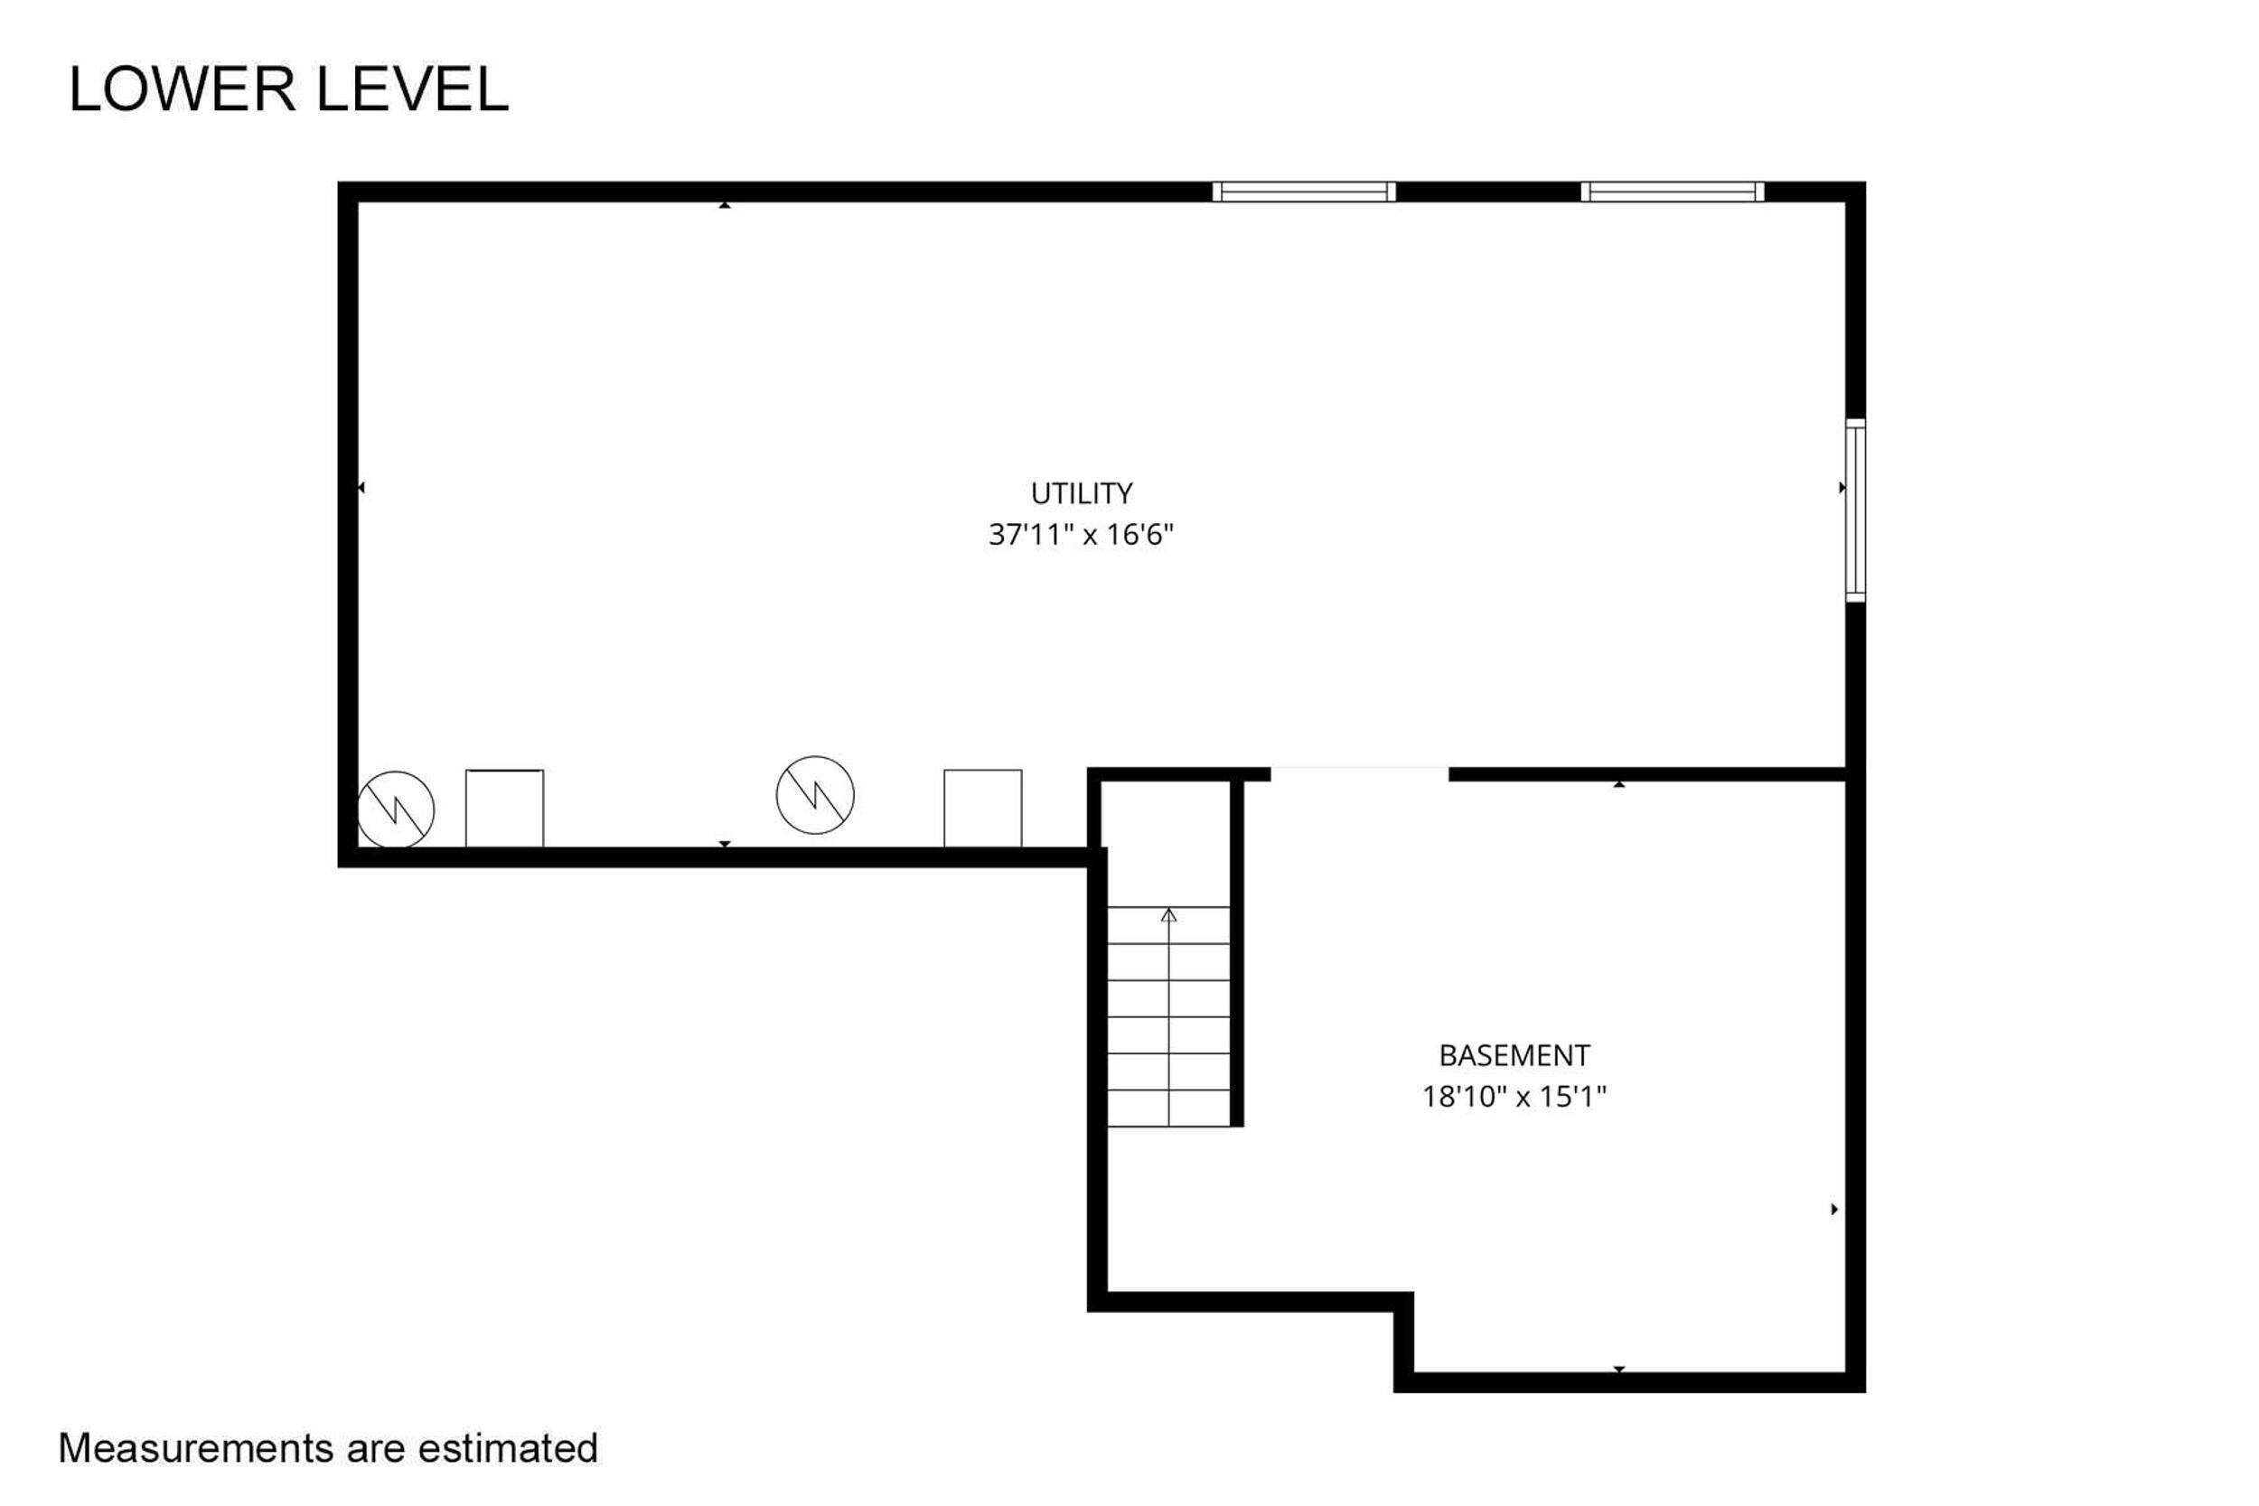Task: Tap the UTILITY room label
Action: (x=1082, y=493)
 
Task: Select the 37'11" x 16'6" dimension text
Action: (x=1082, y=535)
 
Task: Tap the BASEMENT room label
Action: (x=1514, y=1056)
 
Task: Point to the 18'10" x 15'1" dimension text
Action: (x=1514, y=1097)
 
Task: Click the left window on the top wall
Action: (x=1304, y=192)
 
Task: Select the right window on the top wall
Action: (x=1673, y=192)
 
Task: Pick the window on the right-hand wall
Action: (x=1856, y=511)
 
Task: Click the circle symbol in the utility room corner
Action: (x=395, y=809)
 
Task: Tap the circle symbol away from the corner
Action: (x=815, y=795)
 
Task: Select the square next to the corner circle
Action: (x=504, y=809)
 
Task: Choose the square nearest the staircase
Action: (x=982, y=809)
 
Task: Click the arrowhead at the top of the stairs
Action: (x=1169, y=915)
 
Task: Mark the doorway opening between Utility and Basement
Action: (x=1360, y=774)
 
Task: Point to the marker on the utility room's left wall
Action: (x=361, y=488)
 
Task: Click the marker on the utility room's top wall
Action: (x=726, y=204)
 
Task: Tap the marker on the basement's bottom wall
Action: (x=1619, y=1369)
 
